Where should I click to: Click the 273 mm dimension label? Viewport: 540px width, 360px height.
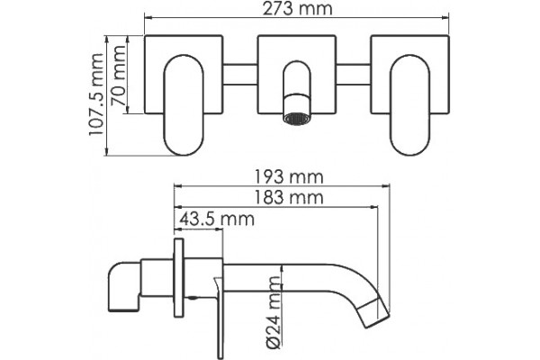tap(298, 9)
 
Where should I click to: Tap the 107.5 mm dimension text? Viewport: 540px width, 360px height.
tap(96, 94)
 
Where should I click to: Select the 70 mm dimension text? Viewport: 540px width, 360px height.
tap(118, 76)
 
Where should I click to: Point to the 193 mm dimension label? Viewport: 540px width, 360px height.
tap(289, 177)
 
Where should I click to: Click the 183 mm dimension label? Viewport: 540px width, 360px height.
tap(289, 198)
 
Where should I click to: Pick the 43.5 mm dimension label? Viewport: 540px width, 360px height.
tap(217, 219)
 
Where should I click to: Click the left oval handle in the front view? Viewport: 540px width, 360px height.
tap(184, 104)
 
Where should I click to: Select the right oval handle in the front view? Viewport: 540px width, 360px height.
tap(409, 104)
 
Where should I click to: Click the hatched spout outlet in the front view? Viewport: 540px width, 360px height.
tap(296, 119)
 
